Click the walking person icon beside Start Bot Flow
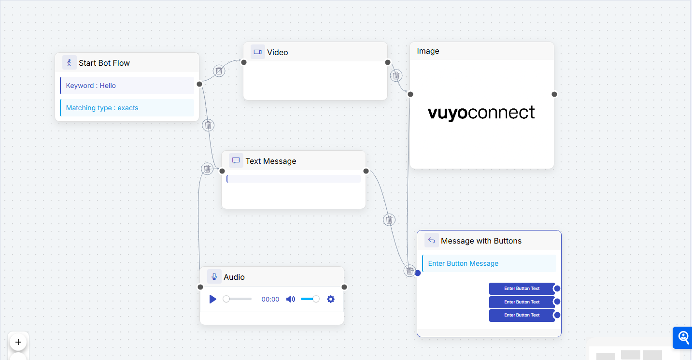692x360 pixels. point(70,62)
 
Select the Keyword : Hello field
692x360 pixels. point(127,86)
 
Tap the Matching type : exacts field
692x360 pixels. point(127,108)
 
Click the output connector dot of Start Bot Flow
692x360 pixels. point(199,84)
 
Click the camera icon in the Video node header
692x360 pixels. point(258,52)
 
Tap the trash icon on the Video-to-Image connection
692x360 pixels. point(396,75)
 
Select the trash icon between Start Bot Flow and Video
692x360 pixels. point(219,71)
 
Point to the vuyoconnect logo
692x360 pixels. point(481,113)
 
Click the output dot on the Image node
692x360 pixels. point(554,94)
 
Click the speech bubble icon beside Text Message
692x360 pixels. point(236,160)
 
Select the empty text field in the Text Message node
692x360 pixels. point(294,179)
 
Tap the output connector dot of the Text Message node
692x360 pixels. point(366,171)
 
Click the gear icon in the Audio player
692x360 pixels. point(331,299)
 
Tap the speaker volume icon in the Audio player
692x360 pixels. point(290,299)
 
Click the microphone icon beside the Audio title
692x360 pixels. point(214,276)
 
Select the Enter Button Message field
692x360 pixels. point(489,263)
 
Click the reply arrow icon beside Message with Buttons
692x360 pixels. point(432,240)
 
